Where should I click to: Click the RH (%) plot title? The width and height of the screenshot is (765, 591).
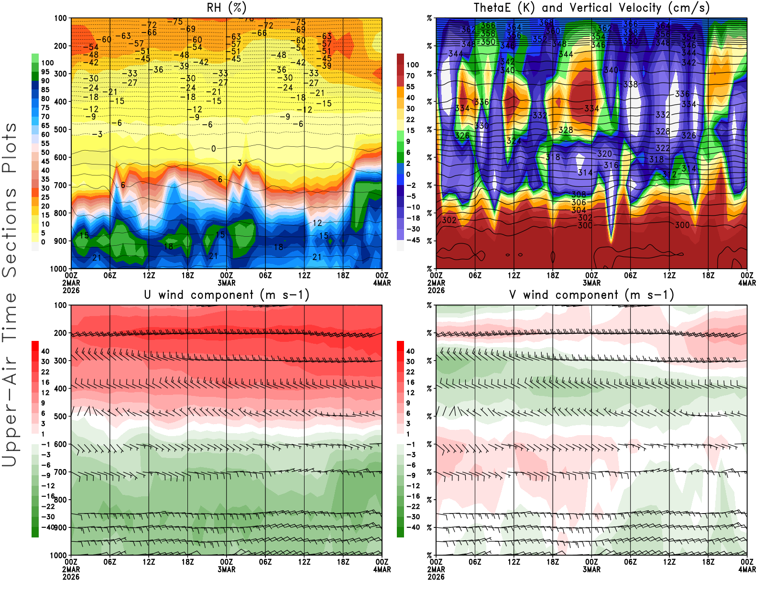[226, 8]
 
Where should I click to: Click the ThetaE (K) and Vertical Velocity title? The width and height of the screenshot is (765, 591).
[591, 8]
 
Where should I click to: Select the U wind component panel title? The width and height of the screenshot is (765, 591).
[226, 295]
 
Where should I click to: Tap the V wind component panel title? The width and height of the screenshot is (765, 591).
[591, 295]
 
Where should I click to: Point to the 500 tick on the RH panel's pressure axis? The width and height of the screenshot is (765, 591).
[61, 130]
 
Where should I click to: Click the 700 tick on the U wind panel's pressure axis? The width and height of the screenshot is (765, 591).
[61, 472]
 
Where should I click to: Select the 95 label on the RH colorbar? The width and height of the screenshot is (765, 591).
[45, 72]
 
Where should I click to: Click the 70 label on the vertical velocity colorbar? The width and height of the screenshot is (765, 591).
[410, 76]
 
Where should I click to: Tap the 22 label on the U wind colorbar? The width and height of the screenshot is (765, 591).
[45, 372]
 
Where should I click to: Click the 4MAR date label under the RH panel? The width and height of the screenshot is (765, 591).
[382, 283]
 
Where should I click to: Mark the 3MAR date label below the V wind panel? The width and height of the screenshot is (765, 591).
[591, 569]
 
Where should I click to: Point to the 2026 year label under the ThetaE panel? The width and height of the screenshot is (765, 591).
[436, 290]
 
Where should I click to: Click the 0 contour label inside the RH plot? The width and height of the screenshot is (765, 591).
[213, 149]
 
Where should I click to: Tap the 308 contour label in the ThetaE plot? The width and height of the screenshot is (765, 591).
[579, 194]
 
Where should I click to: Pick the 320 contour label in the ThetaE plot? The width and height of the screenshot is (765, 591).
[604, 154]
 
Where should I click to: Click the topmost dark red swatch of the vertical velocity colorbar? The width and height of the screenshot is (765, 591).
[400, 59]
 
